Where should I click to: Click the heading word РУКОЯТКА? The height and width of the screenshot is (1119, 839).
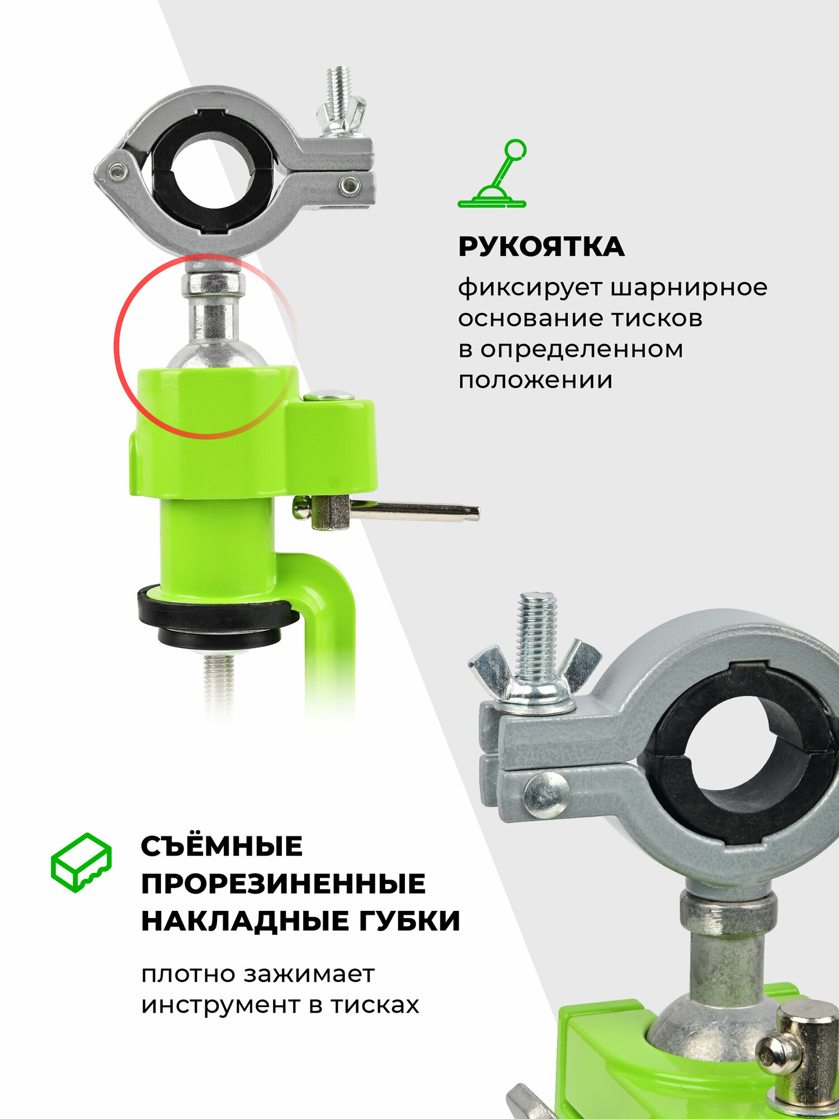point(541,247)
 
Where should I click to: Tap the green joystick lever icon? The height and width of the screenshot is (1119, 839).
point(492,174)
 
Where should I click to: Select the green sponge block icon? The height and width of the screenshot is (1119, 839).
point(81,862)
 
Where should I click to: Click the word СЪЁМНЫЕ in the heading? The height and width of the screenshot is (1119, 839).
point(221,846)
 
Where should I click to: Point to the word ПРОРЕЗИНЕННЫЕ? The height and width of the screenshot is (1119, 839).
point(283,884)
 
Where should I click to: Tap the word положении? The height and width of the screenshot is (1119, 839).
point(535,380)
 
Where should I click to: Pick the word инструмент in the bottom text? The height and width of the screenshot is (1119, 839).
point(220,1005)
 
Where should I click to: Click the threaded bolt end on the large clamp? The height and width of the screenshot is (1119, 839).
point(536,621)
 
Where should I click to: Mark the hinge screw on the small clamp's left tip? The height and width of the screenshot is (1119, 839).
point(117,171)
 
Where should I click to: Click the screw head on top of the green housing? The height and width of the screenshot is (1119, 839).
point(329,396)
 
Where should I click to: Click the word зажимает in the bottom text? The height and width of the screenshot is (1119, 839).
point(309,975)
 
